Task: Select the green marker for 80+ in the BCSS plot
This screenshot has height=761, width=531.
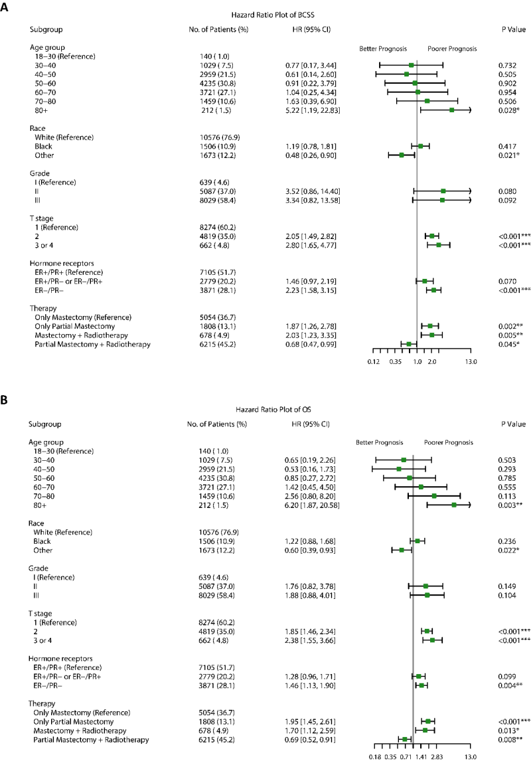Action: point(452,110)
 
